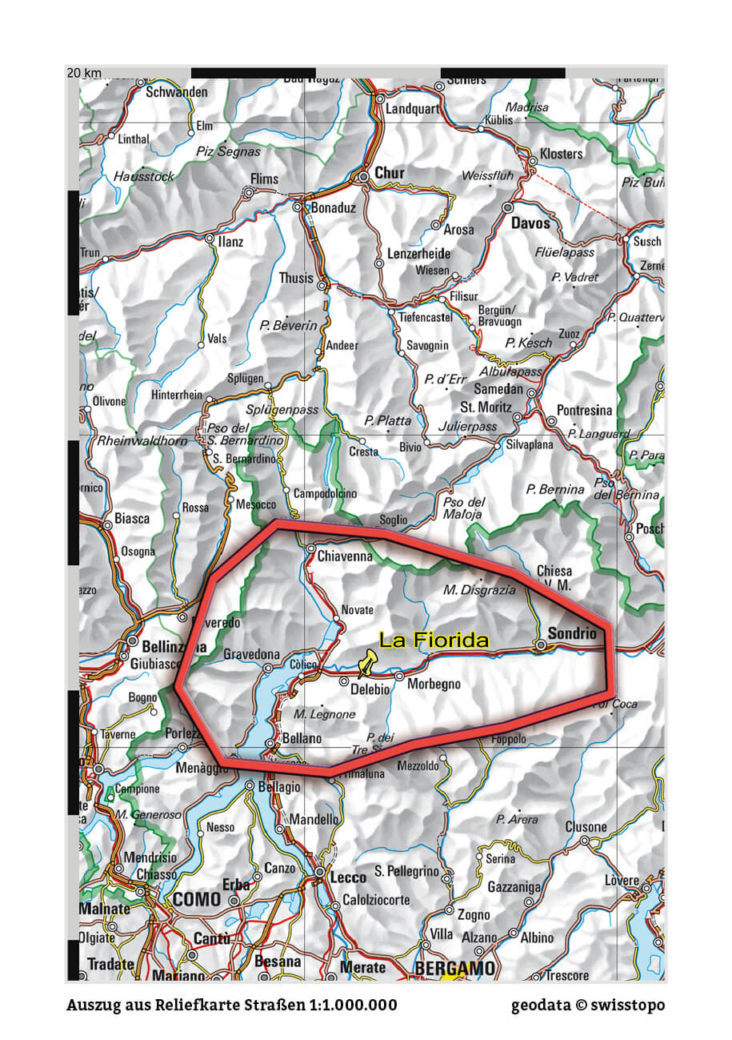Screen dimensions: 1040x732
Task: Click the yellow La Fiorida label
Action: coord(433,640)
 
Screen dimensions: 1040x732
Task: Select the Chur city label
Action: coord(390,173)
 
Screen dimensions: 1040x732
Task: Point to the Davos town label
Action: coord(531,223)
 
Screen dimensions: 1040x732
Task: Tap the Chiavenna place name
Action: coord(345,555)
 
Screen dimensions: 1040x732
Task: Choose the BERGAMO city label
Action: coord(454,969)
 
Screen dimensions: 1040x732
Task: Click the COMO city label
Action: coord(196,900)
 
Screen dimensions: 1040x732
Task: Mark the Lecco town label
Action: coord(348,877)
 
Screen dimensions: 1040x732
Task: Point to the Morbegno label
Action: coord(434,685)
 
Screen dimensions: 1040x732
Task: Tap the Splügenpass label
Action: coord(282,410)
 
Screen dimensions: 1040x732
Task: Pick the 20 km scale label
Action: coord(84,73)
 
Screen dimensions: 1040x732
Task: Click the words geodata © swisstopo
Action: coord(588,1005)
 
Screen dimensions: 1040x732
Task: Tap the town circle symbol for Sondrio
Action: coord(541,644)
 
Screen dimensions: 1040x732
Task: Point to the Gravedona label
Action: coord(251,655)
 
